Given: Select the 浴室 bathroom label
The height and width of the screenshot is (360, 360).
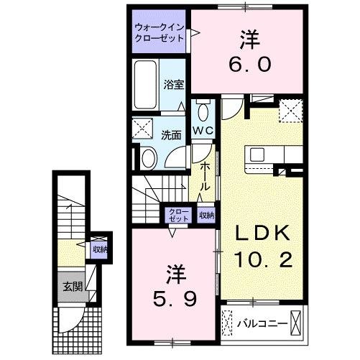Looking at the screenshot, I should coord(174,85).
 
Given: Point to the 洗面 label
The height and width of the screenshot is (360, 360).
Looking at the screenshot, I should coord(170,134).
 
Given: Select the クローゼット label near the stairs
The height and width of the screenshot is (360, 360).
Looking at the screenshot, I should coord(175,214).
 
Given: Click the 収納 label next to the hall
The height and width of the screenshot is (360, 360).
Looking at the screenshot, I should coord(206,214).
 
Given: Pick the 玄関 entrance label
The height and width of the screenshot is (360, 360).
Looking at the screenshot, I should coord(69,285).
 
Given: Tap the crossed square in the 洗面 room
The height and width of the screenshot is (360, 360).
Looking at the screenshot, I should coord(142,131).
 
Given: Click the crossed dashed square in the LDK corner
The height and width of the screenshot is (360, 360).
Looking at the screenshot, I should coord(290,111).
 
